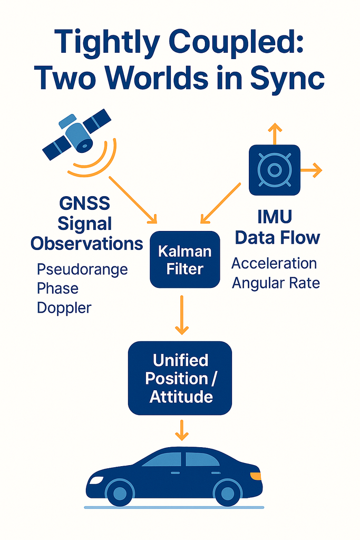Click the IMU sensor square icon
(x=274, y=169)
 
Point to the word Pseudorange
(x=82, y=269)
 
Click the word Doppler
(x=64, y=308)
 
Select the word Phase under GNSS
(x=57, y=288)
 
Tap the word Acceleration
(x=274, y=263)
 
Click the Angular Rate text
(x=276, y=283)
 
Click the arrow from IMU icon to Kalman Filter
(x=221, y=203)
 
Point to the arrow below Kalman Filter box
(x=181, y=314)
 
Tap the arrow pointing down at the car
(x=181, y=430)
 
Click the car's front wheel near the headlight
(x=120, y=493)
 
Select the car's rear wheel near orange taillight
(x=228, y=493)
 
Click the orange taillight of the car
(x=256, y=476)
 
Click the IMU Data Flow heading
(x=277, y=227)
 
